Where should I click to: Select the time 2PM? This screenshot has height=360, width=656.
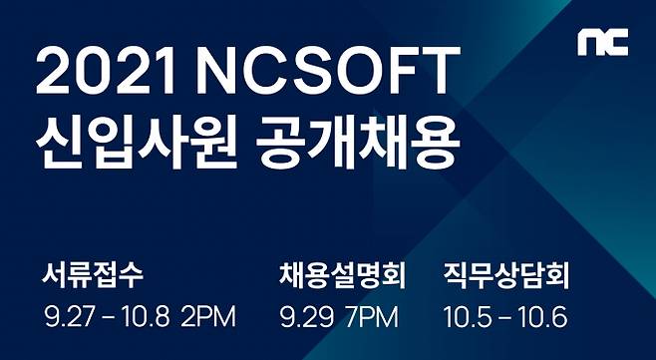pos(209,318)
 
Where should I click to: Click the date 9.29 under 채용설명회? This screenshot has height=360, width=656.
pos(305,318)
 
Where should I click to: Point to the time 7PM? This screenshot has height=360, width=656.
pos(371,318)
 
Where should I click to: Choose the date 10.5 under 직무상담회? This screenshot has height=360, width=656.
pos(466,318)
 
